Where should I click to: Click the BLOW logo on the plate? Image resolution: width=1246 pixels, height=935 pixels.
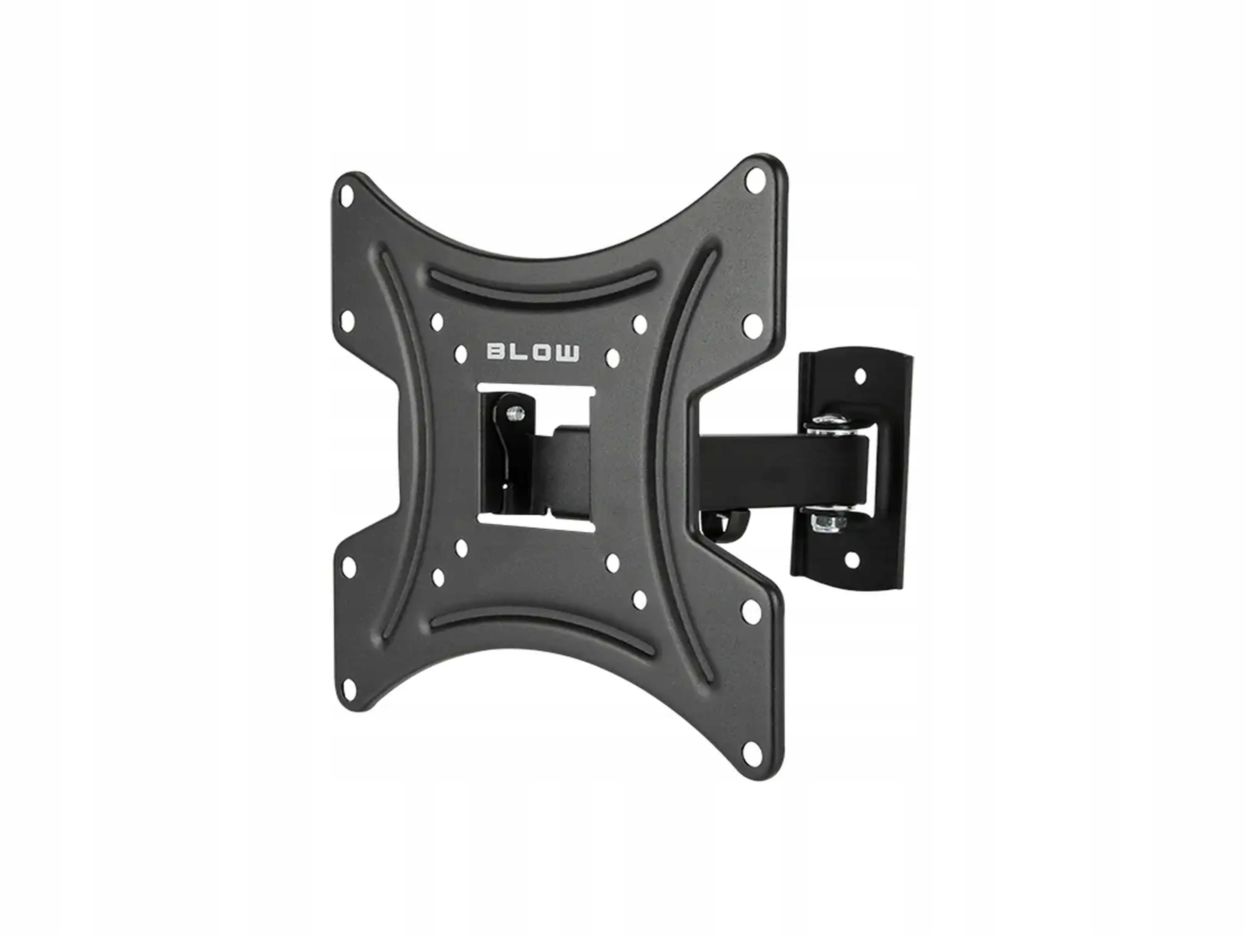532,353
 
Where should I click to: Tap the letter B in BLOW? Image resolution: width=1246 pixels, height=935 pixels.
495,353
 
